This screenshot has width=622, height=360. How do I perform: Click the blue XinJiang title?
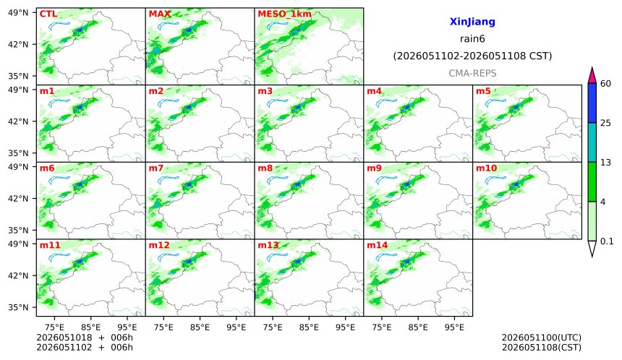[x=472, y=22]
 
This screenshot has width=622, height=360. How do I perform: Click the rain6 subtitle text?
[x=472, y=39]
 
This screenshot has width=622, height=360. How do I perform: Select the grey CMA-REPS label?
[x=472, y=73]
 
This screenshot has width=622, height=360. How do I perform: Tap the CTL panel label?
[x=48, y=14]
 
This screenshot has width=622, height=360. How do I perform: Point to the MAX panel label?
[x=159, y=14]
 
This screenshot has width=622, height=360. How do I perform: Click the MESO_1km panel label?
[x=284, y=14]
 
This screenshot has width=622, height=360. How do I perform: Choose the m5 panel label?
[x=483, y=91]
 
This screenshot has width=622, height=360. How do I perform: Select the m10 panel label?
[x=486, y=168]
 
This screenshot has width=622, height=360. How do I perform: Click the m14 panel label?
[x=378, y=245]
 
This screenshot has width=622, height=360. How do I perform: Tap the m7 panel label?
[x=156, y=168]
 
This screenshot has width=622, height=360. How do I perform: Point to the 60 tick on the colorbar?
[x=606, y=84]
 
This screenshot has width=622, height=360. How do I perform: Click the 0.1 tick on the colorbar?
[x=607, y=241]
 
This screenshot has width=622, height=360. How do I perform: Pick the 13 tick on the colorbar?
[x=606, y=163]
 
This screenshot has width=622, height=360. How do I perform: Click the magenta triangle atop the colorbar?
[x=592, y=75]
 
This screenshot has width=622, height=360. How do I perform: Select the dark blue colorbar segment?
[x=592, y=103]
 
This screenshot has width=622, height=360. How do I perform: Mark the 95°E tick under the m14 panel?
[x=454, y=327]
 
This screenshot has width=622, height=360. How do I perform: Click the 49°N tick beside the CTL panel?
[x=18, y=13]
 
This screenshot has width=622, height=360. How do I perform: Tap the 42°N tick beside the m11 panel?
[x=18, y=275]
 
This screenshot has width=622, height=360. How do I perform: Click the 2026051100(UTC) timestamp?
[x=542, y=338]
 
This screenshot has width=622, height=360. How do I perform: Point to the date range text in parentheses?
[x=472, y=56]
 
